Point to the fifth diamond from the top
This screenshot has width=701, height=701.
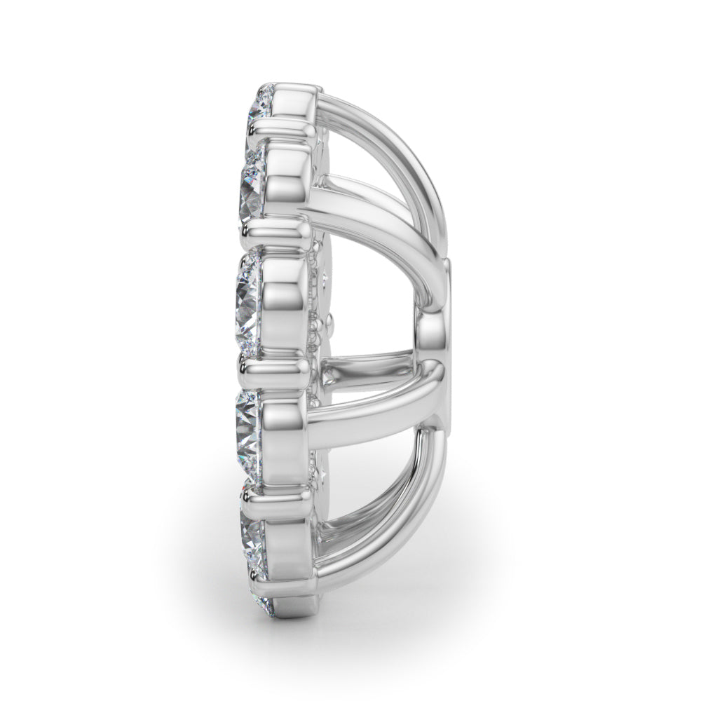click(252, 540)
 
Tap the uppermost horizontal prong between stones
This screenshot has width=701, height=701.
click(280, 127)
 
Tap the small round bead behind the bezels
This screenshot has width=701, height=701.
click(327, 324)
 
